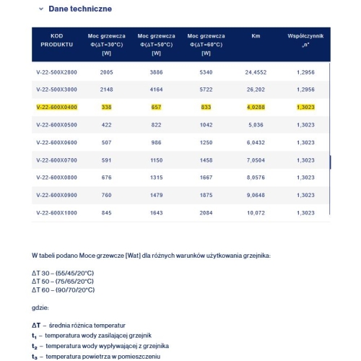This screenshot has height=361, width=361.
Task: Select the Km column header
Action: [x=256, y=35]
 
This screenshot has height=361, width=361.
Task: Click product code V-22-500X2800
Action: [x=57, y=73]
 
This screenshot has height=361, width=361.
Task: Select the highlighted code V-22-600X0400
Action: [x=57, y=107]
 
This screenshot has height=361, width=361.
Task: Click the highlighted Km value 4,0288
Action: [x=256, y=107]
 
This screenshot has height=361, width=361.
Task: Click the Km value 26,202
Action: [x=256, y=90]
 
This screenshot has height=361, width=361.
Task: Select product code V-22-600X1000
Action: [x=57, y=212]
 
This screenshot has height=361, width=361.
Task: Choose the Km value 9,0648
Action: [x=256, y=195]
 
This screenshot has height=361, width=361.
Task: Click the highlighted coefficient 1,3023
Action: [x=305, y=107]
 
